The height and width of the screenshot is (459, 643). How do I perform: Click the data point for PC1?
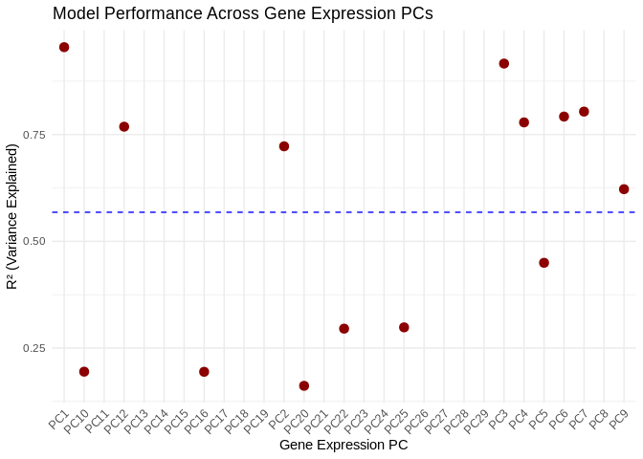pos(64,47)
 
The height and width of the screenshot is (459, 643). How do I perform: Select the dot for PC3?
pos(504,64)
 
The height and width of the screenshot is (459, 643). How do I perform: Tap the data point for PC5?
pos(544,263)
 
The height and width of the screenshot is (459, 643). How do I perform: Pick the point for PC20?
pos(304,386)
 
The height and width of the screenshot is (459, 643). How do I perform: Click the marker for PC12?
pos(124,127)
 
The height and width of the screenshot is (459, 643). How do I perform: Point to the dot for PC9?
pos(624,189)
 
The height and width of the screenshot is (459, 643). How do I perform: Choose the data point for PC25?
pos(404,328)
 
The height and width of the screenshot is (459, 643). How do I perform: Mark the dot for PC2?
pos(284,146)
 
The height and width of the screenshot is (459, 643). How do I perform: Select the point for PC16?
pos(204,372)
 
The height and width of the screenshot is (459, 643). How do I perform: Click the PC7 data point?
pos(584,112)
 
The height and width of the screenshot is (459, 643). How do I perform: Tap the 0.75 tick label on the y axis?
pos(34,134)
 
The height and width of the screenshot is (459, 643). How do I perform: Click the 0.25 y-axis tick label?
pos(34,348)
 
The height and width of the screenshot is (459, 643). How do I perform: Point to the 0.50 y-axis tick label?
pos(34,241)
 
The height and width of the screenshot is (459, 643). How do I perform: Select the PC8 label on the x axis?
pos(600,419)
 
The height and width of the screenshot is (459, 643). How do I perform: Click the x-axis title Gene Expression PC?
pos(344,446)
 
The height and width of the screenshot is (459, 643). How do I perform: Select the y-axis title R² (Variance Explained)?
pos(12,217)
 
